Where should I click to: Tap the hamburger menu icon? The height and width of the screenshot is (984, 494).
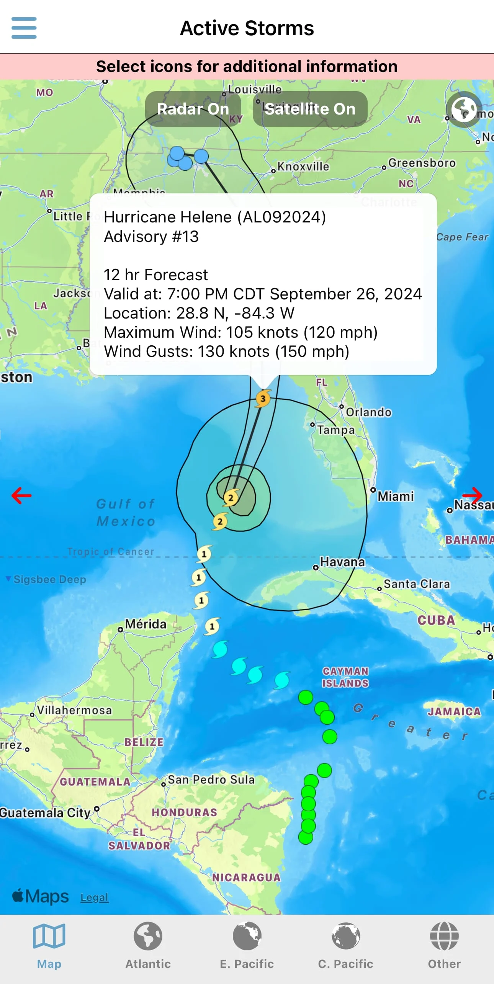coord(24,28)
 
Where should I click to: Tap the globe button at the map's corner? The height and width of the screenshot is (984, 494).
coord(464,109)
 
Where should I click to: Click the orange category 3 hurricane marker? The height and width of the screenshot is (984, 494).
coord(263,399)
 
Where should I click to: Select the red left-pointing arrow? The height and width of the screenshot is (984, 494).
coord(21,495)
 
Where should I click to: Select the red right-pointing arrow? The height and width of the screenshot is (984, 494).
coord(472,495)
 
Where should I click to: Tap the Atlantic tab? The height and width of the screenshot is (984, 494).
coord(148,945)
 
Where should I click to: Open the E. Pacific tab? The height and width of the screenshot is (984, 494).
coord(247,945)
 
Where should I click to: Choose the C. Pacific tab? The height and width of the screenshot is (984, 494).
coord(345,945)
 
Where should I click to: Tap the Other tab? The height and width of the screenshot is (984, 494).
coord(444,945)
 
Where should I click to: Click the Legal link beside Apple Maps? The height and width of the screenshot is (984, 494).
coord(94,897)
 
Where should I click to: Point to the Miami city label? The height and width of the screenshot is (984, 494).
coord(396,496)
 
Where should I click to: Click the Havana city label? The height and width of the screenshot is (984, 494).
coord(342,562)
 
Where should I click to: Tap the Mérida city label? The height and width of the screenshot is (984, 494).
coord(146,624)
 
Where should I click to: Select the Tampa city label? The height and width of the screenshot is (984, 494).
coord(336,430)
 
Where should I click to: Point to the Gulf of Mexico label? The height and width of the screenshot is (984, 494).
coord(126,512)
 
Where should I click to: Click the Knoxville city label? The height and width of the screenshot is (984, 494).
coord(303,167)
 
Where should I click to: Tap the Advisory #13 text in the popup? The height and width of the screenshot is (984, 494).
coord(151,237)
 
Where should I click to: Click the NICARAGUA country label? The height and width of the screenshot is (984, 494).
coord(246,877)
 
